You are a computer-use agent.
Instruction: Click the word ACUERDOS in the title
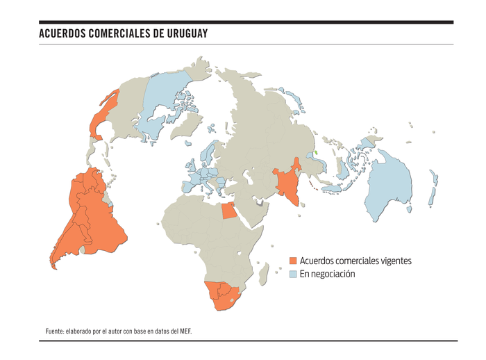pyautogui.click(x=63, y=33)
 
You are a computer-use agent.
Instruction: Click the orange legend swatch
pyautogui.click(x=293, y=261)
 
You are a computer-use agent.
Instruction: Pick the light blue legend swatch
pyautogui.click(x=293, y=275)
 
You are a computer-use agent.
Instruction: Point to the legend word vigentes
pyautogui.click(x=395, y=261)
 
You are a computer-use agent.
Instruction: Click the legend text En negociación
pyautogui.click(x=327, y=275)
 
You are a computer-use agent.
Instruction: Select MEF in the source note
pyautogui.click(x=184, y=331)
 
